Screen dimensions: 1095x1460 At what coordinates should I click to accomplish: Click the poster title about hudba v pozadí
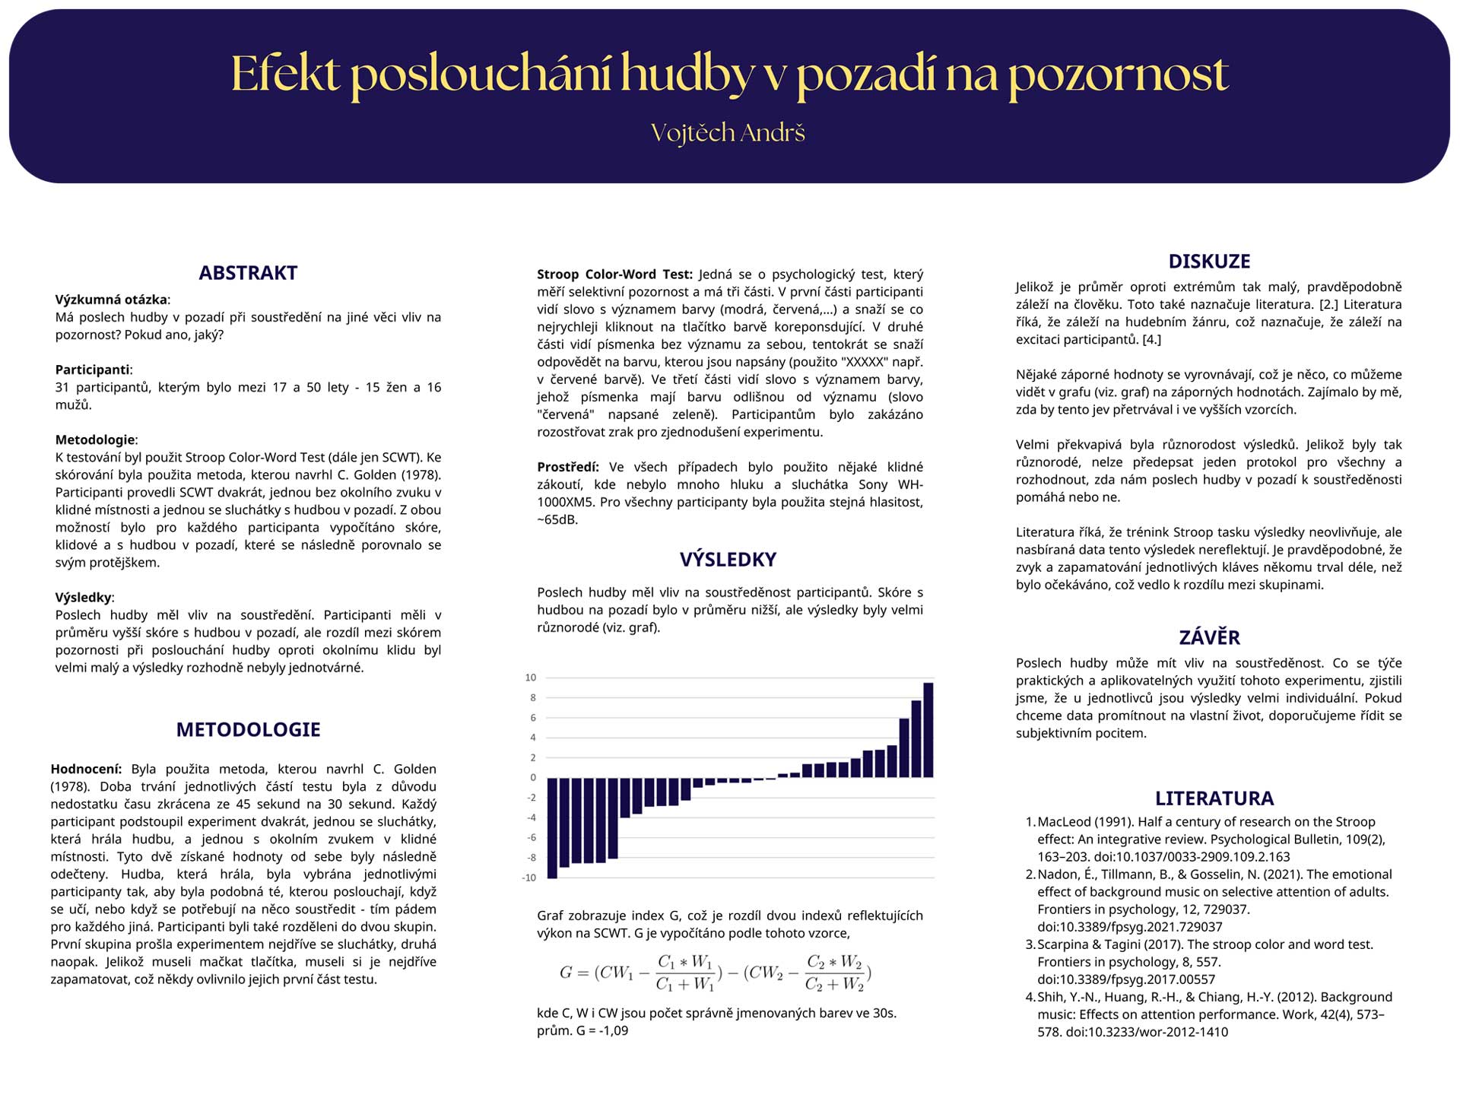click(x=729, y=75)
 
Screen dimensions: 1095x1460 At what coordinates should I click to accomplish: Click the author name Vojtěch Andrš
click(x=728, y=133)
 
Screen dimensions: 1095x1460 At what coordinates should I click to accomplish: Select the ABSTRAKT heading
click(x=248, y=273)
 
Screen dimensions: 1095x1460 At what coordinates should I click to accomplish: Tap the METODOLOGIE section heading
click(x=248, y=730)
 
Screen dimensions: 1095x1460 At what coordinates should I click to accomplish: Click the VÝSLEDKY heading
click(x=728, y=560)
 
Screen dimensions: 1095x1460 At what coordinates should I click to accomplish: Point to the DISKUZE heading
click(x=1209, y=262)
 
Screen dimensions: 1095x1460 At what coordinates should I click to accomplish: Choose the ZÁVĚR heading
click(x=1209, y=637)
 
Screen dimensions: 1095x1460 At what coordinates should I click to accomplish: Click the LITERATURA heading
click(x=1214, y=798)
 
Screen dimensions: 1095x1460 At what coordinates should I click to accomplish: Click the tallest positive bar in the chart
click(x=928, y=730)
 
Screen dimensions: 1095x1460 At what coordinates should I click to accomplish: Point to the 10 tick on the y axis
click(x=531, y=678)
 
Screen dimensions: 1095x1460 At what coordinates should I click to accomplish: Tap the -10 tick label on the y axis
click(x=529, y=878)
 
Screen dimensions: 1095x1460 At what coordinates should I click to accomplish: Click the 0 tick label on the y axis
click(x=533, y=777)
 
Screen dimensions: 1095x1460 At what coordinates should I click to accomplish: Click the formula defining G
click(x=715, y=973)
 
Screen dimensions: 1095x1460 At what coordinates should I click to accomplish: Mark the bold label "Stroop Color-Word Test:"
click(x=614, y=275)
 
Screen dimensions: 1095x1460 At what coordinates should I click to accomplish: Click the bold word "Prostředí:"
click(x=567, y=467)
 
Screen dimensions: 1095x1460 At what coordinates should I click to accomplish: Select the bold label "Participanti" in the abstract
click(x=92, y=370)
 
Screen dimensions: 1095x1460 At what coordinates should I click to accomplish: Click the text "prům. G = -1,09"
click(x=582, y=1031)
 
